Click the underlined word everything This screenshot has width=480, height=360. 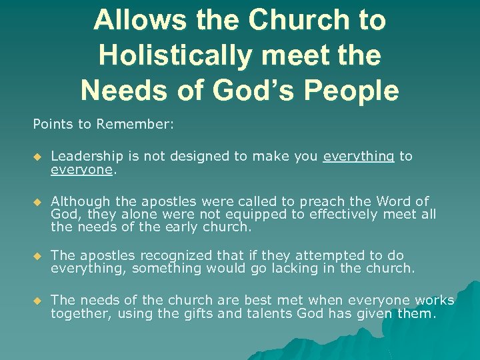coord(359,156)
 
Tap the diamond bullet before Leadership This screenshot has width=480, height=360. coord(37,157)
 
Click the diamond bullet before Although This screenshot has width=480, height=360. coord(37,201)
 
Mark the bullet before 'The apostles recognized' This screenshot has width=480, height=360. coord(37,256)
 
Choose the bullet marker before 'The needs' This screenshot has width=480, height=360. coord(37,301)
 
